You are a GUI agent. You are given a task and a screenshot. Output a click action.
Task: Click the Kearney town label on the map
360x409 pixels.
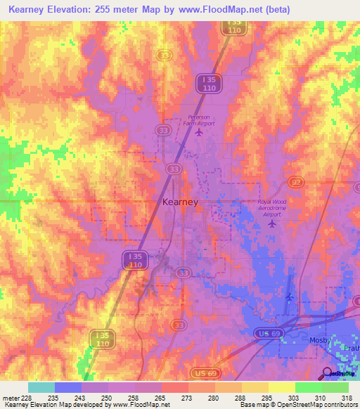click(180, 202)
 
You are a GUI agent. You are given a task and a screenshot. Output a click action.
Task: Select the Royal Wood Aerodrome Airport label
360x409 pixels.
click(273, 208)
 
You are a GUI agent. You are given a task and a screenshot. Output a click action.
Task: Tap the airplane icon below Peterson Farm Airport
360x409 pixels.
click(200, 131)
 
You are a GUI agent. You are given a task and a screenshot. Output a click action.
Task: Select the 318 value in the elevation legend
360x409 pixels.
click(347, 397)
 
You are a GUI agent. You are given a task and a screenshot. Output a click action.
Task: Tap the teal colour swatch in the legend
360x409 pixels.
click(41, 387)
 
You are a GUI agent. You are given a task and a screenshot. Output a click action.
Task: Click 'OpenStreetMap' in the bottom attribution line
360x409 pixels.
click(292, 405)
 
